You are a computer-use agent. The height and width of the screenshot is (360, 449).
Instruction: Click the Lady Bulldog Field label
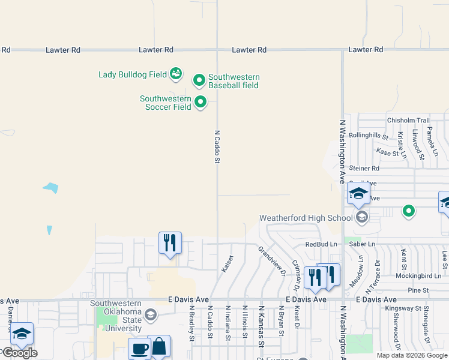[133, 75]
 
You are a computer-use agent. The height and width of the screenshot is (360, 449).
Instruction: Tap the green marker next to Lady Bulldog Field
[176, 74]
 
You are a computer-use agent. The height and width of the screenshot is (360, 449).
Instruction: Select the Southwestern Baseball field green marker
[199, 80]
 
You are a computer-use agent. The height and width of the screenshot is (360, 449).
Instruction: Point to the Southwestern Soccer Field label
[166, 103]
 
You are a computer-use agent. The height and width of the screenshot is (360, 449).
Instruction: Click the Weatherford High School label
[305, 218]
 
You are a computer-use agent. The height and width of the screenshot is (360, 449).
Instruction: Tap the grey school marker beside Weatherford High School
[361, 217]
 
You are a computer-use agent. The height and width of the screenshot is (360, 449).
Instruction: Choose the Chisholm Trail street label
[409, 121]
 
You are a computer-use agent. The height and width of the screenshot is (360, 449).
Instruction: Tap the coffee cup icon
[140, 347]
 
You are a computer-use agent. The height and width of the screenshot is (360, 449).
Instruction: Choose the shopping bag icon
[159, 346]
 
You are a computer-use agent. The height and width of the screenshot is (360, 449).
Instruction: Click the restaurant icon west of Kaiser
[170, 242]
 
